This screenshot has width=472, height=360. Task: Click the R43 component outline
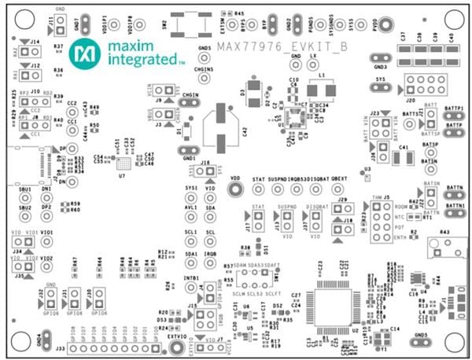444,248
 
